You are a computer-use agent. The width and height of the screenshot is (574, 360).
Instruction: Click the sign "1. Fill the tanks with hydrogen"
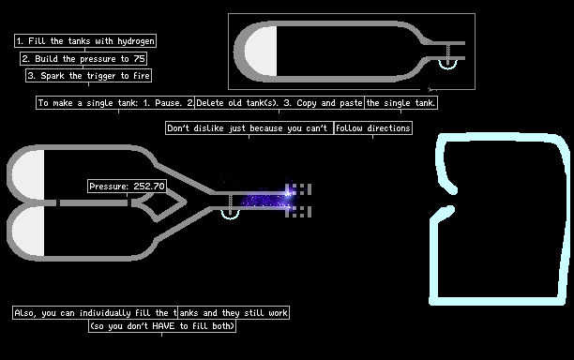(x=85, y=40)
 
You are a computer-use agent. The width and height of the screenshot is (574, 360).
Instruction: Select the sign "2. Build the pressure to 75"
(x=83, y=58)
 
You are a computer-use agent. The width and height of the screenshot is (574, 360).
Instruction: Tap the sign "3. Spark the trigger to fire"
(x=88, y=76)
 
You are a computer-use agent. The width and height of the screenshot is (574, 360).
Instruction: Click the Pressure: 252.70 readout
(x=127, y=187)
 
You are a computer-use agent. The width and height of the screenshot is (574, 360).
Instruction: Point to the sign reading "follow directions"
(x=373, y=128)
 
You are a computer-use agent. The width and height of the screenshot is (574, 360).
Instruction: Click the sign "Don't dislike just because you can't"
(x=249, y=128)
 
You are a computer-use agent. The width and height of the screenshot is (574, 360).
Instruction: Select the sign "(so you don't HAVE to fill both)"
(x=162, y=326)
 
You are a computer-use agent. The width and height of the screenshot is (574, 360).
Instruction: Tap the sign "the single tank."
(x=400, y=103)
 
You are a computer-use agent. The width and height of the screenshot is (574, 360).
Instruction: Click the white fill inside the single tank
(x=262, y=52)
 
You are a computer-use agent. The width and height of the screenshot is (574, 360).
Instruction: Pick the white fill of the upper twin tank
(x=29, y=175)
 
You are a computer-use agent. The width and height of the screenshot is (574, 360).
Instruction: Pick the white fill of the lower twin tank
(x=29, y=232)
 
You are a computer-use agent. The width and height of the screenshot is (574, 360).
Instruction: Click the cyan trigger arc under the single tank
(x=447, y=67)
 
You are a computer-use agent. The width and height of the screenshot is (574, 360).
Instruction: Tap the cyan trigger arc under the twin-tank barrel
(x=231, y=217)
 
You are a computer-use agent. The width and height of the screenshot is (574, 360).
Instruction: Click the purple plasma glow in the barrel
(x=266, y=200)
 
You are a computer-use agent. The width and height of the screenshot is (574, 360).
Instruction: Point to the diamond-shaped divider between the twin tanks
(x=162, y=202)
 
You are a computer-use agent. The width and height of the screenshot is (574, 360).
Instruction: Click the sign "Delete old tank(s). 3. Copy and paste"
(x=279, y=103)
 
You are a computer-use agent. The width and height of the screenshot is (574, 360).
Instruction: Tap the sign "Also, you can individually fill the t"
(x=95, y=313)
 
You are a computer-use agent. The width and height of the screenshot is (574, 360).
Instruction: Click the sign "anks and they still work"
(x=234, y=313)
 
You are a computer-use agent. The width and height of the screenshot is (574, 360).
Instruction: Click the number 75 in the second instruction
(x=139, y=58)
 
